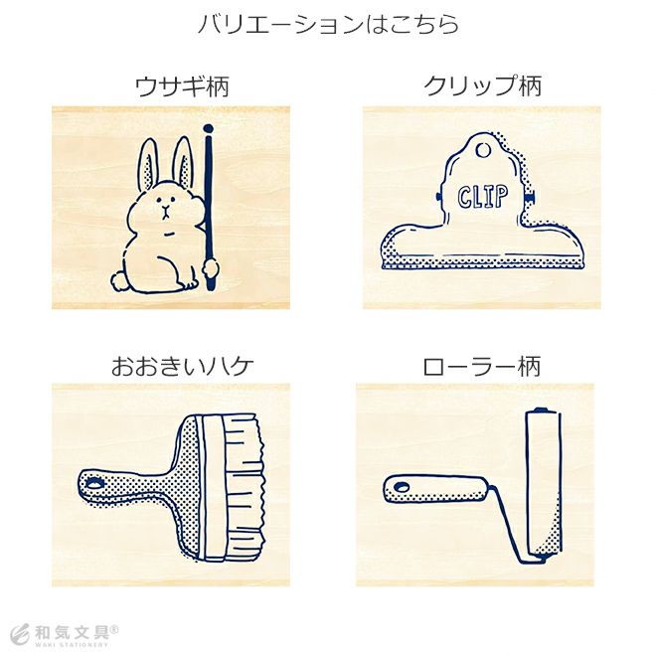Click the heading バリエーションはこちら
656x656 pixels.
coord(328,24)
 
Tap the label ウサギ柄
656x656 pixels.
coord(183,86)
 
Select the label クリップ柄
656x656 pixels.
coord(482,85)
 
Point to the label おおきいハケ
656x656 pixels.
coord(183,366)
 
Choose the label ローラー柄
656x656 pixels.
coord(481,366)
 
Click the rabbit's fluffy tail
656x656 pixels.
coord(119,280)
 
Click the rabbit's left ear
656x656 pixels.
coord(147,164)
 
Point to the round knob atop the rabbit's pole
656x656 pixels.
coord(208,129)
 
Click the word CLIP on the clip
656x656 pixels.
coord(482,196)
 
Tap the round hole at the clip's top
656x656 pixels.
coord(483,150)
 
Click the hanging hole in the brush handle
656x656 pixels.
coord(95,484)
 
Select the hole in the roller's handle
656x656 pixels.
coord(402,487)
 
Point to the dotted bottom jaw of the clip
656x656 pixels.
coord(482,262)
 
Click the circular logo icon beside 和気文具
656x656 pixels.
coord(21,635)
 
